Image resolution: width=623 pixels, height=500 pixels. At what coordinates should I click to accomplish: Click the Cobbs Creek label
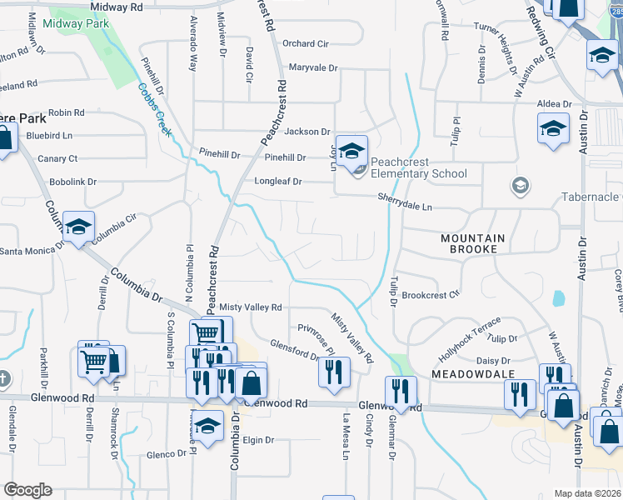[x=155, y=109]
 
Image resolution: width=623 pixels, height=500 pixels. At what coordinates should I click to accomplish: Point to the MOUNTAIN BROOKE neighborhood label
[x=473, y=243]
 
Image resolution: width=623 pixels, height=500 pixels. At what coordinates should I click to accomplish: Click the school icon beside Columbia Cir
[x=78, y=227]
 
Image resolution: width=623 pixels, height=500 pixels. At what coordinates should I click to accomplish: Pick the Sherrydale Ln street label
[x=406, y=202]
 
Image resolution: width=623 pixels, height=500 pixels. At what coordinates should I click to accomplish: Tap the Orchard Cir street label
[x=306, y=43]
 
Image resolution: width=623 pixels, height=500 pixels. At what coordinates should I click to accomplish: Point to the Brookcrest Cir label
[x=431, y=294]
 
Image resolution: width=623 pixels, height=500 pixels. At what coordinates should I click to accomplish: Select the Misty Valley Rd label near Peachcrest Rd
[x=251, y=307]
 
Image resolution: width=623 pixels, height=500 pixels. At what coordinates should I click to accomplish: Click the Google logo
[x=27, y=490]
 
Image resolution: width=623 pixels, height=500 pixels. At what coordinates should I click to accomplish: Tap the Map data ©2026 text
[x=587, y=493]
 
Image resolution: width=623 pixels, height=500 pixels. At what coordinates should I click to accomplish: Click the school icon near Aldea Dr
[x=552, y=130]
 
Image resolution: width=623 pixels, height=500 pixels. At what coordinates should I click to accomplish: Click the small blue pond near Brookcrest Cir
[x=557, y=297]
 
